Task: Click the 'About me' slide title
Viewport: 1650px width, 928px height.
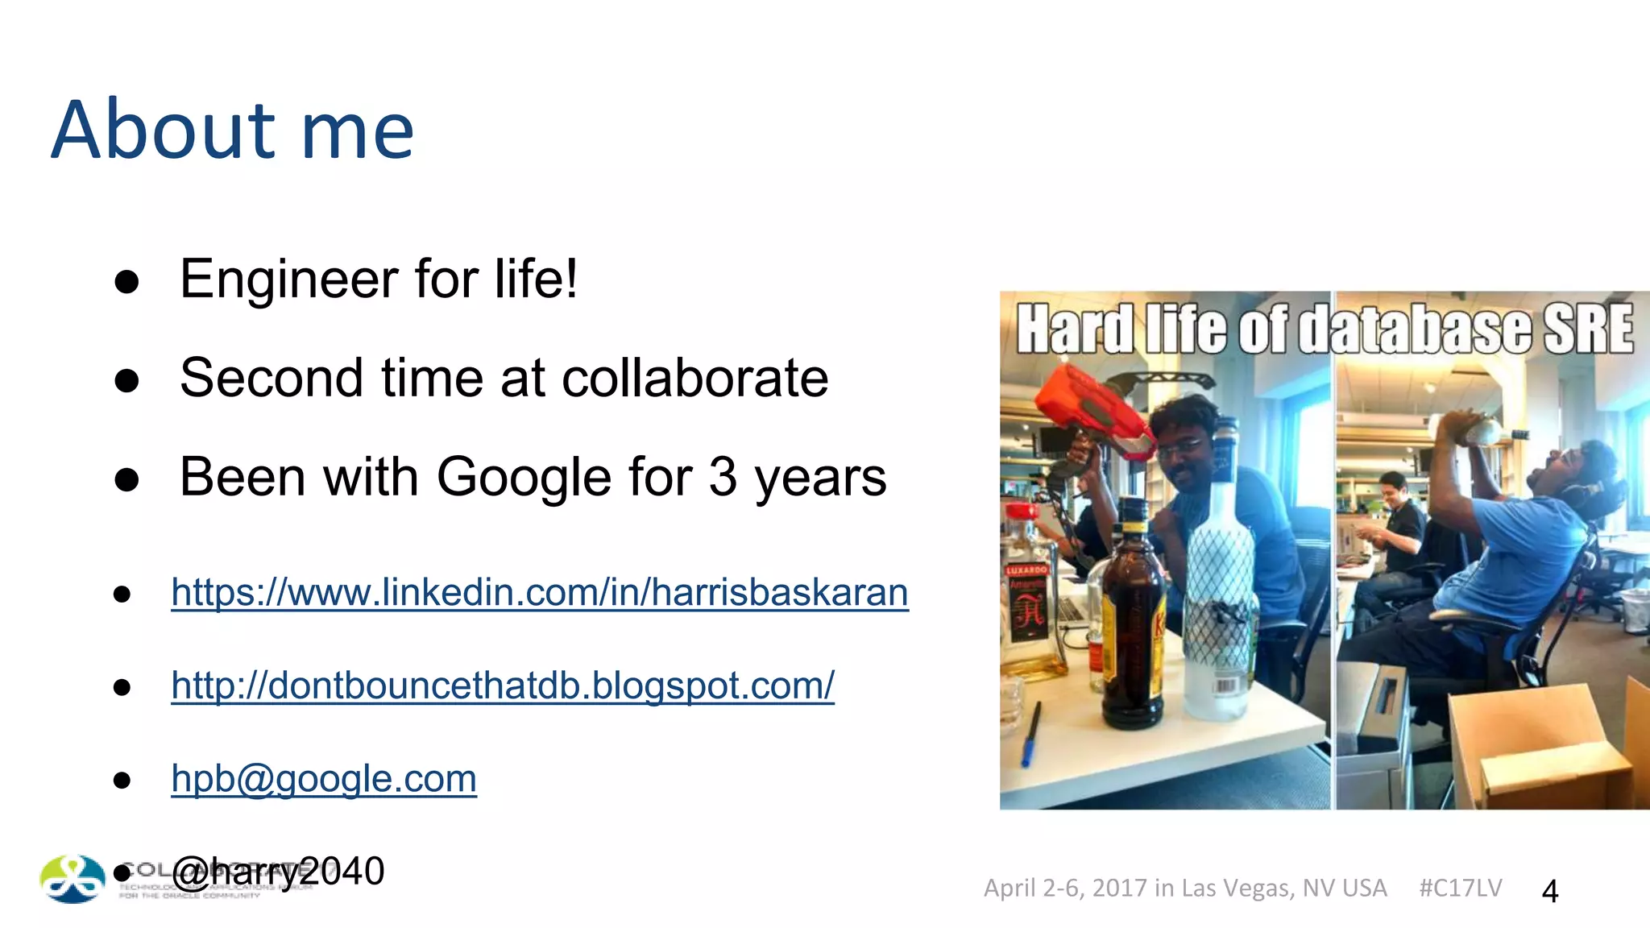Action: [x=232, y=130]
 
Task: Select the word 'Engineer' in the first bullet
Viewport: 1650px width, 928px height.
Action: [x=288, y=280]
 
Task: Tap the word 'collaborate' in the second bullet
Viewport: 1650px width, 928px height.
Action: [x=694, y=378]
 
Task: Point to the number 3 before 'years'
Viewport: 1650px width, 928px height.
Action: [x=723, y=477]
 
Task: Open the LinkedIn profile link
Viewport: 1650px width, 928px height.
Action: [x=540, y=593]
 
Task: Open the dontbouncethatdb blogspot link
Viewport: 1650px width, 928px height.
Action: [x=503, y=686]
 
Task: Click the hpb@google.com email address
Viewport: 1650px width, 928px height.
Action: [x=324, y=779]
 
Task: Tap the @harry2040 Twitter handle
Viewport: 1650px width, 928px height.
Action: [x=278, y=872]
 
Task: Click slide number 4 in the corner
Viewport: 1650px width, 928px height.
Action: [x=1549, y=891]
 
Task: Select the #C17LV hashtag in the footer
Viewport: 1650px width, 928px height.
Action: [x=1460, y=888]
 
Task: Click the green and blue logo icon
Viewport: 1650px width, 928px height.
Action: [x=73, y=878]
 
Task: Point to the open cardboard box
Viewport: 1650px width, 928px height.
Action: [x=1531, y=745]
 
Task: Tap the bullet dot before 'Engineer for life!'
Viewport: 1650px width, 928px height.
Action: [x=126, y=282]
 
